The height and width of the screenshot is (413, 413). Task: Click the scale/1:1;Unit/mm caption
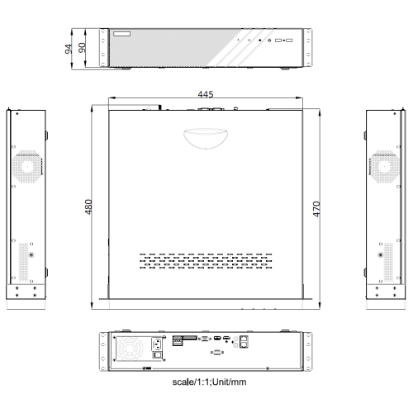207,382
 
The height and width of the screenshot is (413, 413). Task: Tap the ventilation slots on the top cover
205,261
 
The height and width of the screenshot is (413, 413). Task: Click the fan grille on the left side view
26,165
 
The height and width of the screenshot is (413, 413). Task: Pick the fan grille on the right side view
384,165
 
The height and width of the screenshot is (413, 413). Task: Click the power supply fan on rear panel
132,350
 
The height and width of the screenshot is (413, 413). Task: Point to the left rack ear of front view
104,48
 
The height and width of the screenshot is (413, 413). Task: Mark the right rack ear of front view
306,48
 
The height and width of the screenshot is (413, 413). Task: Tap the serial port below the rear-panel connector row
216,353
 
